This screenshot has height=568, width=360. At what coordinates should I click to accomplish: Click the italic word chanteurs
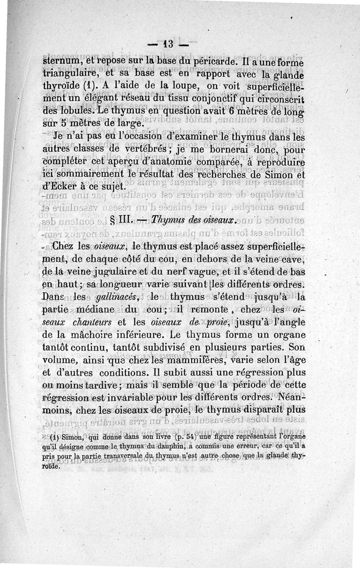(94, 323)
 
